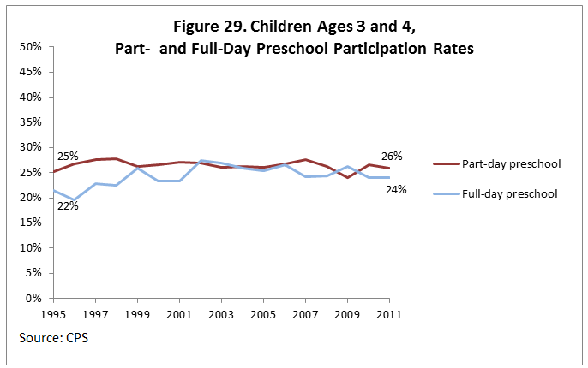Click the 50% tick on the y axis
tap(32, 46)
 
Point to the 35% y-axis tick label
tap(32, 122)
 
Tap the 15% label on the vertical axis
tap(32, 223)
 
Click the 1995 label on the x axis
tap(53, 314)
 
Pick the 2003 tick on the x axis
tap(221, 314)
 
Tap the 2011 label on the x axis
tap(389, 314)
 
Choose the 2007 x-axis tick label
tap(305, 314)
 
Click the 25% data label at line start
tap(68, 157)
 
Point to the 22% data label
tap(68, 205)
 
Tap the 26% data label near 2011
tap(393, 157)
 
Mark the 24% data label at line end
tap(395, 189)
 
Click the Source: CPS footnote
tap(53, 338)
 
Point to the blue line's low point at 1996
tap(74, 201)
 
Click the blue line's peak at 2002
tap(200, 161)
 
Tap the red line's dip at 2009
tap(347, 177)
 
